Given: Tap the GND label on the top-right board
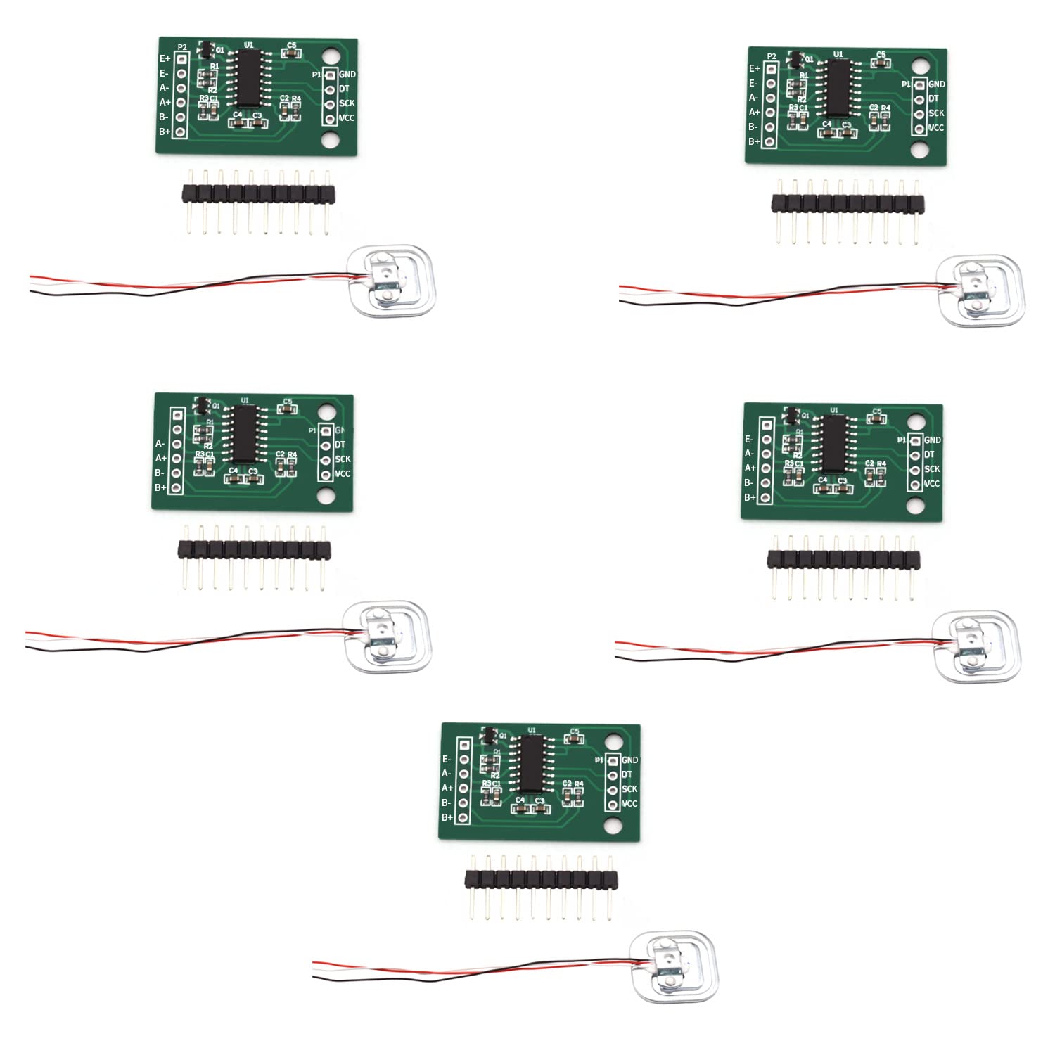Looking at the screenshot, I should coord(937,84).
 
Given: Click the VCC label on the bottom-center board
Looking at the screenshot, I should coord(629,804).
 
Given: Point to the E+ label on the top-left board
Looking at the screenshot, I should coord(165,59).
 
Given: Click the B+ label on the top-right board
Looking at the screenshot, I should coord(754,141).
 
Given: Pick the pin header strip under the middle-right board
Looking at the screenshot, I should coord(843,559).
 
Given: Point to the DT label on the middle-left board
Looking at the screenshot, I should coord(340,445).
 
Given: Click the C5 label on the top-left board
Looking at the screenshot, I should coord(292,46).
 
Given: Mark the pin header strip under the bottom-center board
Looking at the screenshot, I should coord(541,878).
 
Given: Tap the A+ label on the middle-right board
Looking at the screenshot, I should coord(750,468).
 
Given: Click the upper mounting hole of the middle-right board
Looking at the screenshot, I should coord(914,421).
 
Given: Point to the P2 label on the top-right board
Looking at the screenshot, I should coord(772,56).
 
